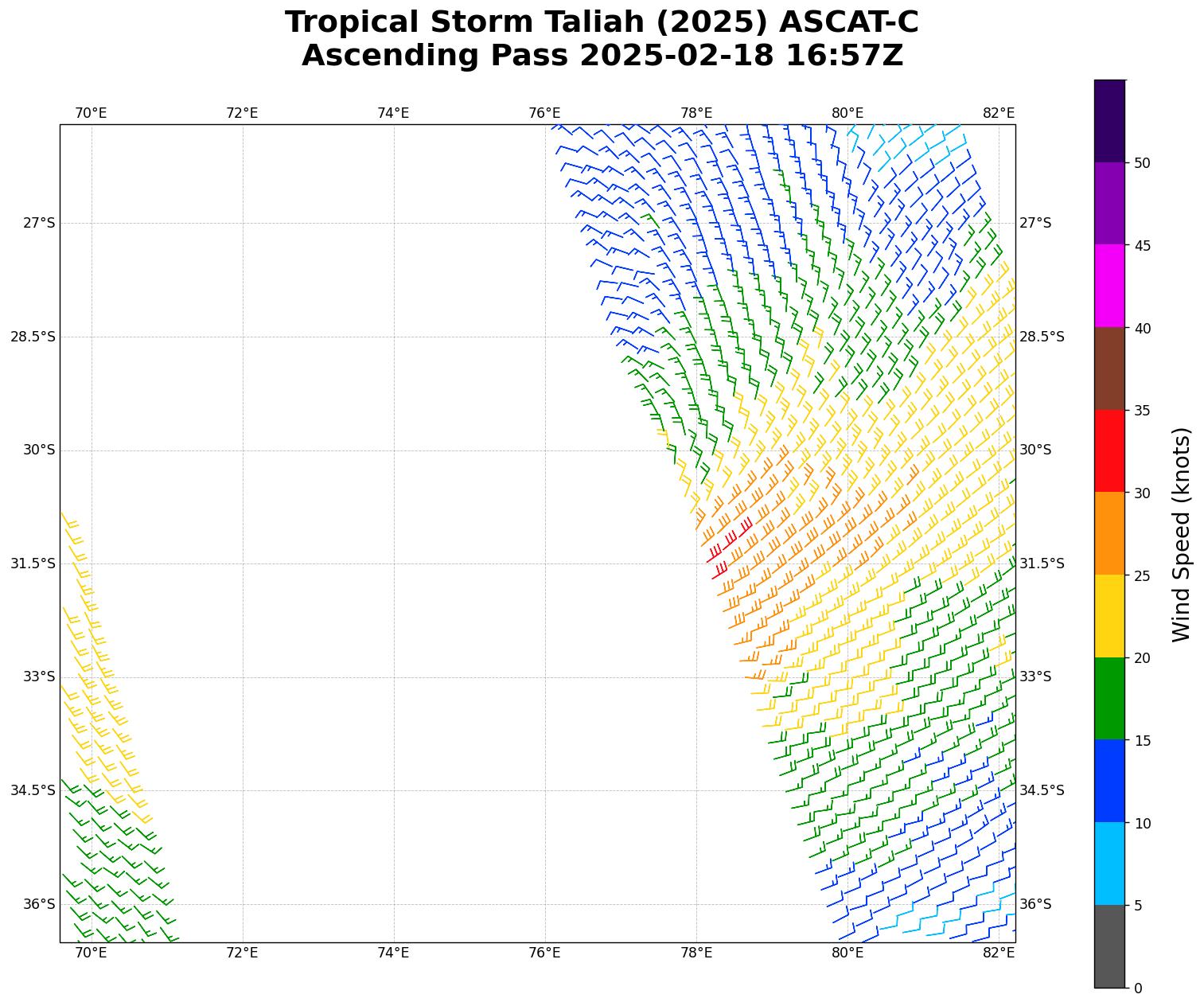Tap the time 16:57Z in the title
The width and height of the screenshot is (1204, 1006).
[844, 56]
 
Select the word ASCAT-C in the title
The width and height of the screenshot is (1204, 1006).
[848, 22]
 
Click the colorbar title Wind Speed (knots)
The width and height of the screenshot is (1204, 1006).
[1182, 534]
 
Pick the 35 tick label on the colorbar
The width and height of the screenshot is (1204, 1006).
[1143, 411]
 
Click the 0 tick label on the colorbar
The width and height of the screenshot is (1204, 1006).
[1138, 988]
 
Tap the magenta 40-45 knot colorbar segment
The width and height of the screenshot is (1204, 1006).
[1109, 286]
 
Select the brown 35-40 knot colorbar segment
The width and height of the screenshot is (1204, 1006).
[1109, 368]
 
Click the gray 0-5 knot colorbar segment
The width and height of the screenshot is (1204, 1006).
[1109, 946]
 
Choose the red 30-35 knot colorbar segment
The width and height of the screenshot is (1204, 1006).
[1109, 451]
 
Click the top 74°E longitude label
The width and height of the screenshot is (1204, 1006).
[393, 113]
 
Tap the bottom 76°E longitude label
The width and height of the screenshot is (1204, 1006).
[545, 953]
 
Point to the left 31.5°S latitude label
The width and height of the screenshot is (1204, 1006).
[33, 563]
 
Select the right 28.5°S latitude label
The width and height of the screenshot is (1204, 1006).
[1042, 337]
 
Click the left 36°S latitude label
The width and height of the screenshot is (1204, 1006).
[39, 904]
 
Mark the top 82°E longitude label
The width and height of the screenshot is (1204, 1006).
[999, 113]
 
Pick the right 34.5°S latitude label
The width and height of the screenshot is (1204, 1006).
[1042, 790]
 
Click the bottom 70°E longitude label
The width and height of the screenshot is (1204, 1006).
[91, 953]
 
